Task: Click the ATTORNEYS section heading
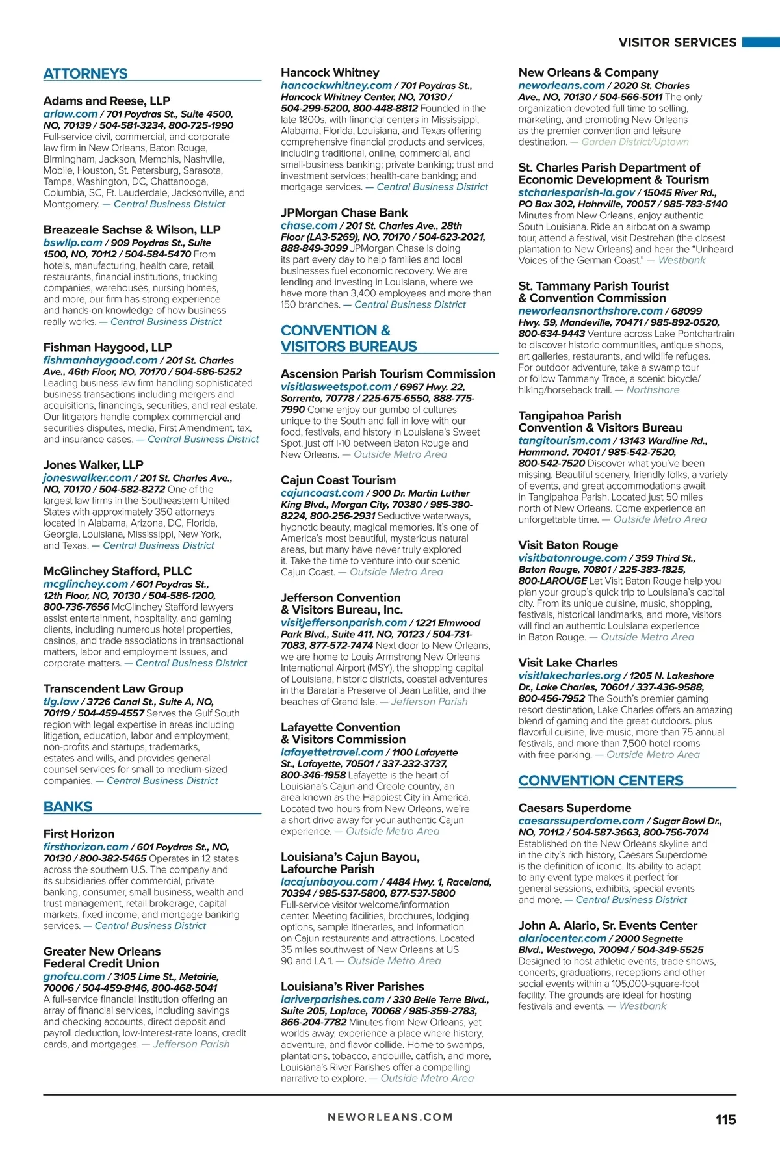click(86, 74)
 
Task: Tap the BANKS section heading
click(68, 807)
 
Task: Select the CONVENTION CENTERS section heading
click(601, 781)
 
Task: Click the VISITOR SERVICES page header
click(677, 43)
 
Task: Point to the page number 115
click(725, 1120)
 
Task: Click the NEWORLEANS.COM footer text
click(390, 1117)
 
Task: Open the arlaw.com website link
click(70, 114)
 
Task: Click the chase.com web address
click(309, 225)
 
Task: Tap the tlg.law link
click(61, 702)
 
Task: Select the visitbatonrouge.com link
click(572, 558)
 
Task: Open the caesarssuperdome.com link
click(581, 821)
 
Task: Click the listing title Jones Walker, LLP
click(93, 465)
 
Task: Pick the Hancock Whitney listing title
click(330, 73)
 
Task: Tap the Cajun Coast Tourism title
click(338, 480)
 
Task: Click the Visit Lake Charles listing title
click(567, 663)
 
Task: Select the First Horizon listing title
click(79, 834)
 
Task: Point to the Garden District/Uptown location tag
click(635, 142)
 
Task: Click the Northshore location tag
click(653, 390)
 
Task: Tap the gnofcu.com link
click(74, 977)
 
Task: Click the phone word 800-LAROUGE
click(552, 581)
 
